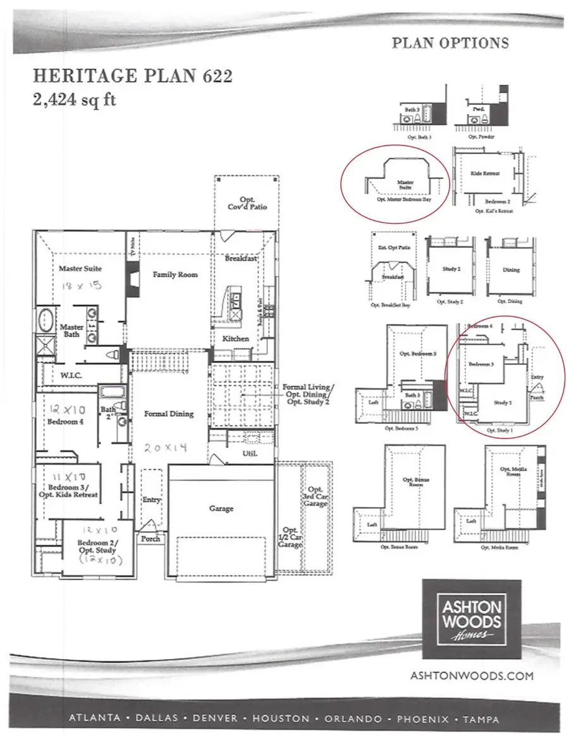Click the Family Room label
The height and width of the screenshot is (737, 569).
[175, 275]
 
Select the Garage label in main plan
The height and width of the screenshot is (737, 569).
[221, 508]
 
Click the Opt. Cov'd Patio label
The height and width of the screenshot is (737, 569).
[247, 202]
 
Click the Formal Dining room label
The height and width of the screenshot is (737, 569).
[169, 414]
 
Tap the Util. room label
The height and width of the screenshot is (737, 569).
[248, 454]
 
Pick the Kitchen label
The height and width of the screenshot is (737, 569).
[236, 338]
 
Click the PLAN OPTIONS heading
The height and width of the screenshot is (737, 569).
[450, 43]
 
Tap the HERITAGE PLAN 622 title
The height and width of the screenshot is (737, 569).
[132, 77]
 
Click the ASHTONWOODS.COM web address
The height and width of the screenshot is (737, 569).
[472, 676]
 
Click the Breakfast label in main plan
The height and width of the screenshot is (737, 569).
[241, 259]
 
